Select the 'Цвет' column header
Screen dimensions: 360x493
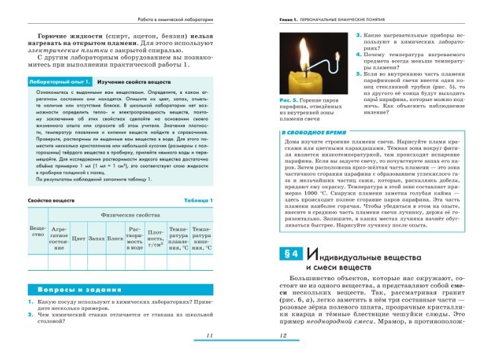[x=79, y=238]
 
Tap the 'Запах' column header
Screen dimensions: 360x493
[x=97, y=238]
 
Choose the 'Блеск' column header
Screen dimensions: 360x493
[x=116, y=238]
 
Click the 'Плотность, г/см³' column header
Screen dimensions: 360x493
[x=155, y=236]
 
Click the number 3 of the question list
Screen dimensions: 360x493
[x=358, y=34]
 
